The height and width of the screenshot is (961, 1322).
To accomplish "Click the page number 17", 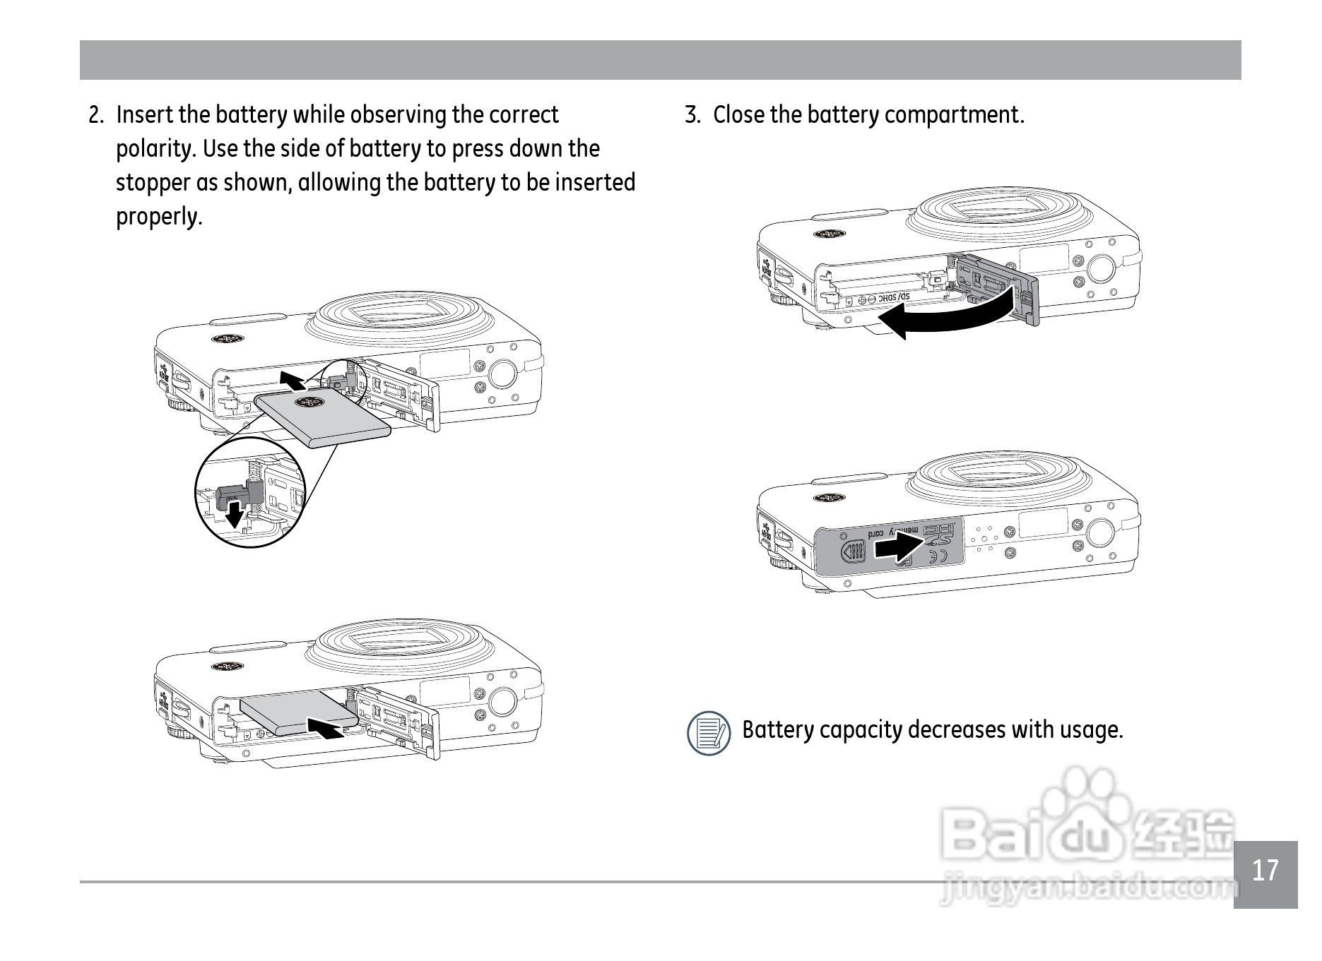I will [x=1265, y=871].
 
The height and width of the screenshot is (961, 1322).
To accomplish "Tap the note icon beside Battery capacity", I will [x=709, y=732].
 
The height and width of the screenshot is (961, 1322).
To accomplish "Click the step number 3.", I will [x=692, y=115].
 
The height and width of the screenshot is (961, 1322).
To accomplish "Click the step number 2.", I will [x=96, y=115].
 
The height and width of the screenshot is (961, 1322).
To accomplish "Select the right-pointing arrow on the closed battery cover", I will [x=899, y=546].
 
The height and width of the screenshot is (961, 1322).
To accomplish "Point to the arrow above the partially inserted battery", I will [x=293, y=380].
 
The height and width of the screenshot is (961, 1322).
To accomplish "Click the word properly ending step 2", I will [x=159, y=217].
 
